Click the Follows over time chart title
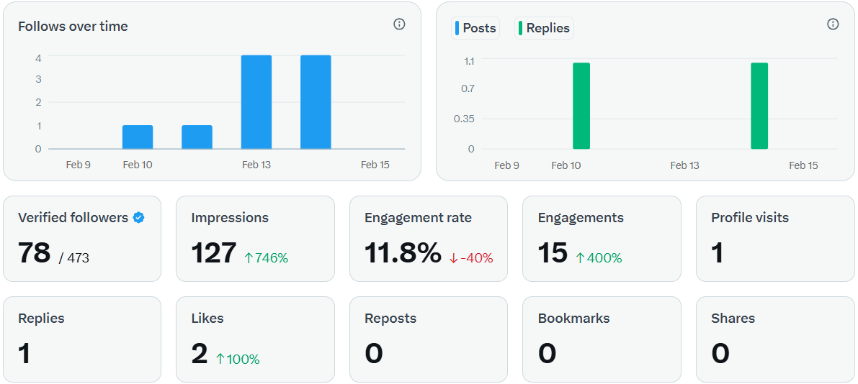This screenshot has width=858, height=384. (x=73, y=27)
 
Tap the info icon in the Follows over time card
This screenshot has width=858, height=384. (x=399, y=24)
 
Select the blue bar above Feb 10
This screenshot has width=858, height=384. (x=138, y=137)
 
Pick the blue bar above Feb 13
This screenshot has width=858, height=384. (x=256, y=102)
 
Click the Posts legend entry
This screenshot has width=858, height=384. (x=475, y=28)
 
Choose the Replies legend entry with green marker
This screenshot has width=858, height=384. (x=545, y=28)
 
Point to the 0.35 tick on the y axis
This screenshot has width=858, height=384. (x=464, y=119)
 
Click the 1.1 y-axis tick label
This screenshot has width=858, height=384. (x=468, y=61)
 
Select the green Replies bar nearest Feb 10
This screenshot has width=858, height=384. (x=581, y=106)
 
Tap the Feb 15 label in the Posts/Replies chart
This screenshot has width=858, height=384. (x=803, y=165)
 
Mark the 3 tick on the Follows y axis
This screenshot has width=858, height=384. (x=38, y=79)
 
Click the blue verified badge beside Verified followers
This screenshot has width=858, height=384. (x=139, y=218)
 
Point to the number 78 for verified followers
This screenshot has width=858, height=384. (x=34, y=253)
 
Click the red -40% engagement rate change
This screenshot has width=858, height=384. (x=471, y=257)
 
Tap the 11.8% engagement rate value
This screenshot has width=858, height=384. (x=403, y=253)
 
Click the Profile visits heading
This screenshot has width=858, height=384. (x=749, y=218)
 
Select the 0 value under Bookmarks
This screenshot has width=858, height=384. (x=547, y=354)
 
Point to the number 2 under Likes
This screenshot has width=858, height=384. (x=200, y=354)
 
